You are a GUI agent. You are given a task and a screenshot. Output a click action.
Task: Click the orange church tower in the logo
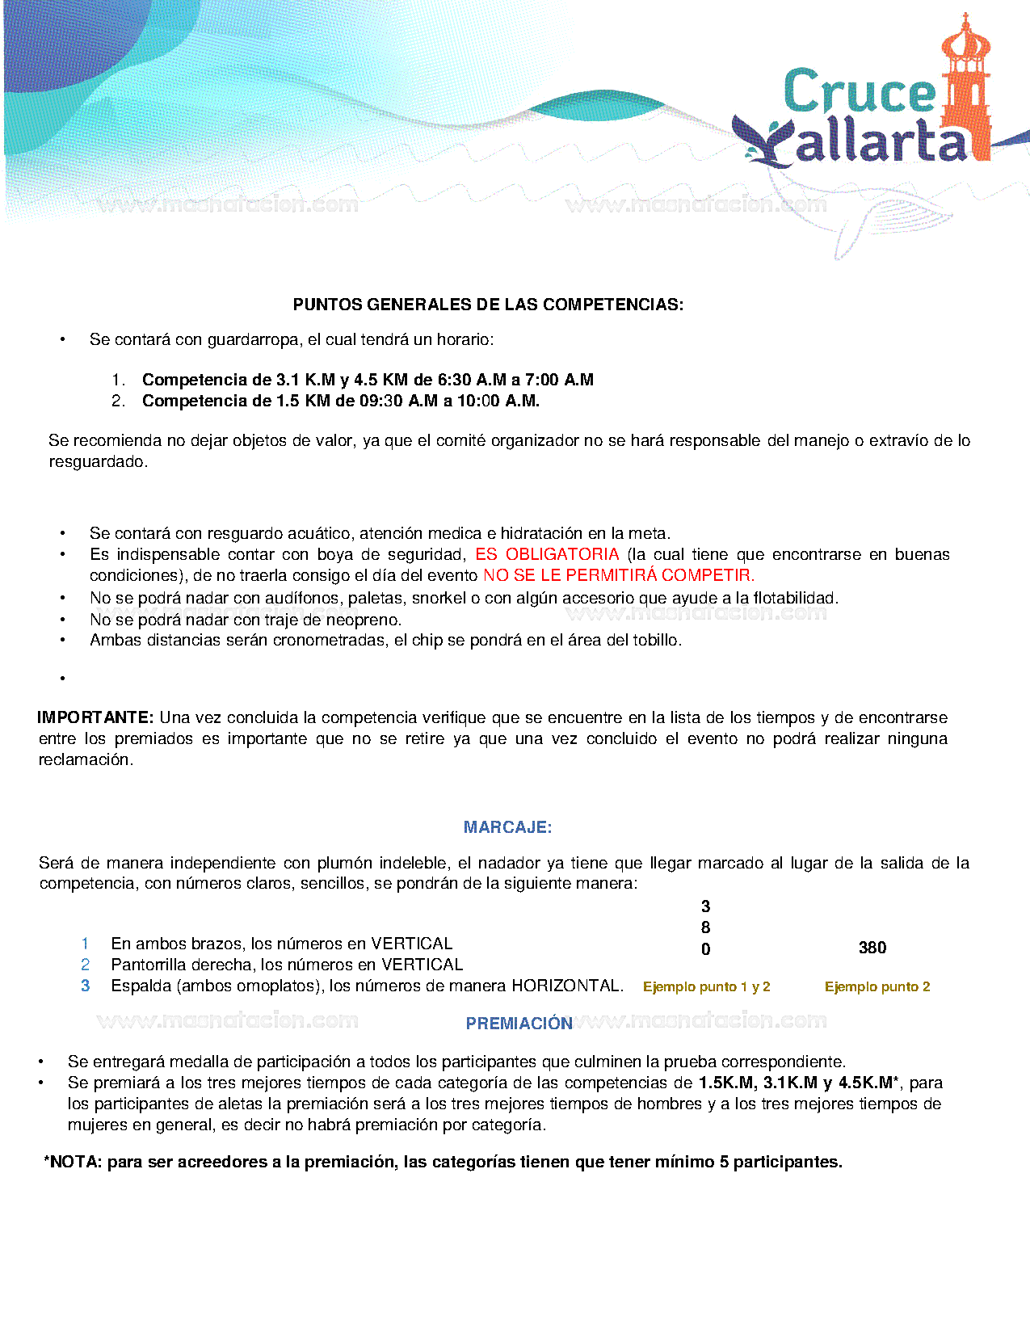click(967, 89)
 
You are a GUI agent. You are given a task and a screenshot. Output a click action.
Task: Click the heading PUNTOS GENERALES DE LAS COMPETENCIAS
click(488, 305)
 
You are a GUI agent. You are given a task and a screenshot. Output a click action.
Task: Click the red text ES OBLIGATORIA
click(547, 554)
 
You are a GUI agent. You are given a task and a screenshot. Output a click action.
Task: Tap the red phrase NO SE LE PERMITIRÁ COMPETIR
click(619, 575)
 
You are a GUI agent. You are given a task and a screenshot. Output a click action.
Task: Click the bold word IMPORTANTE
click(95, 717)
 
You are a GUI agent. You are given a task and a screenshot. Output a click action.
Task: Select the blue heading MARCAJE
click(507, 827)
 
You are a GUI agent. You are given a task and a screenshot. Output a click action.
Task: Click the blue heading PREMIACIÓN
click(519, 1024)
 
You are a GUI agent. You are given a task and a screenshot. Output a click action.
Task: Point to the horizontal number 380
click(872, 948)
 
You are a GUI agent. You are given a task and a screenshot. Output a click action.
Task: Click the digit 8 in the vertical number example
click(706, 927)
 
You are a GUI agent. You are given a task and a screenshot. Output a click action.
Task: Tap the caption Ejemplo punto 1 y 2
click(706, 986)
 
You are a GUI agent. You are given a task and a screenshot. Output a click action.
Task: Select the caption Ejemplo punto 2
click(877, 986)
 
